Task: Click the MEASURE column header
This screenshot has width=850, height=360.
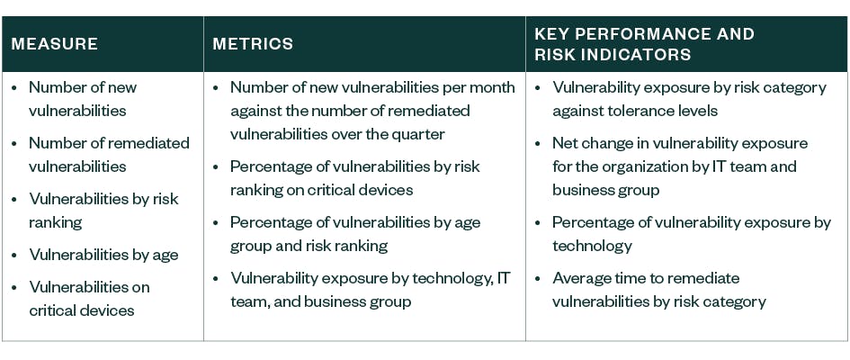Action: (55, 44)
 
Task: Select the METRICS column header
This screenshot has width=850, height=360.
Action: (253, 44)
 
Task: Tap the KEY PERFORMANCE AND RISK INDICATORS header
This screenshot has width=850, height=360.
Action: (644, 44)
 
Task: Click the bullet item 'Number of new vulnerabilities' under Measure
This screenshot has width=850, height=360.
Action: (83, 99)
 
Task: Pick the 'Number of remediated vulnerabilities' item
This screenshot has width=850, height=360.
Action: (109, 154)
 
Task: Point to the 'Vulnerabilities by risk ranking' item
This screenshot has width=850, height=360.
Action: (103, 210)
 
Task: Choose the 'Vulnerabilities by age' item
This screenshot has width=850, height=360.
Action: (103, 255)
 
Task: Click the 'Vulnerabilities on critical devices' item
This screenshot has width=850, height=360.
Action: (89, 299)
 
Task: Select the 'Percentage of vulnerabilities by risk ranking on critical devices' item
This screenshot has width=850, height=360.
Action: (354, 178)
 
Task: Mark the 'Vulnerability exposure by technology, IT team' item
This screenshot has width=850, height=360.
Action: (370, 290)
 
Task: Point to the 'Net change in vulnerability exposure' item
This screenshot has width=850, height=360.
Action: (679, 144)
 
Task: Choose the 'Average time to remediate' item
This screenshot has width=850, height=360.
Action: (646, 278)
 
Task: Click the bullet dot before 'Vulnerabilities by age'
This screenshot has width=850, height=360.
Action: (14, 255)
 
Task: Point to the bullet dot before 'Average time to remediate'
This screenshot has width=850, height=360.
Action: (538, 278)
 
